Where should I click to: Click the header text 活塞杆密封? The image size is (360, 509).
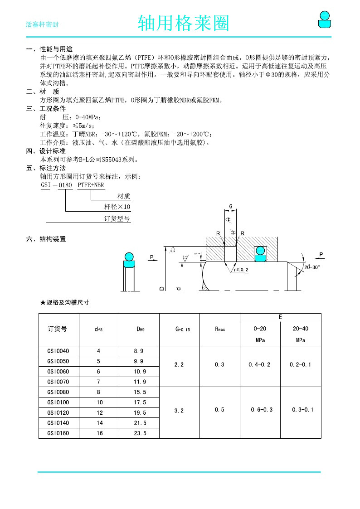pos(42,25)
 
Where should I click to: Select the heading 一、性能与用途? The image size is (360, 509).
pos(49,49)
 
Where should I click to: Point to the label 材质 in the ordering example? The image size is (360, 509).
pos(124,196)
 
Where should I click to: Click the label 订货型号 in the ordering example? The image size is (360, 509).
pos(117,218)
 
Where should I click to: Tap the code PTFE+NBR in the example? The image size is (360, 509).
pos(91,185)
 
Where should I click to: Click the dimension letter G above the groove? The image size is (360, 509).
pos(231,207)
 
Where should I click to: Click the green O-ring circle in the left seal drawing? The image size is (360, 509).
pos(129,257)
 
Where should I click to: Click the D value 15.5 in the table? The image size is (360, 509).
pos(140,392)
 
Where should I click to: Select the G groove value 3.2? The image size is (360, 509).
pos(179,411)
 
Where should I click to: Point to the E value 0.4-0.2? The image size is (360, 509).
pos(260,364)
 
